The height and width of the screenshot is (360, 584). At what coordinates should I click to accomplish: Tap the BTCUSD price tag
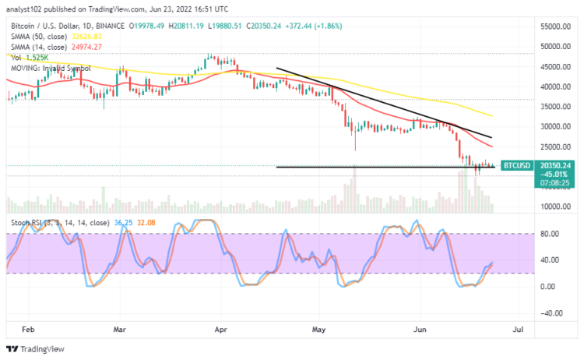(x=516, y=165)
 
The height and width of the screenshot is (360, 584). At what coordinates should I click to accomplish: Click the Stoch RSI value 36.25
(x=121, y=222)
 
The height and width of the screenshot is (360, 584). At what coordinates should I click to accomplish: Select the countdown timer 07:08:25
(x=516, y=182)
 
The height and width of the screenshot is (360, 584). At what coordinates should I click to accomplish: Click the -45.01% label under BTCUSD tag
(x=516, y=174)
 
